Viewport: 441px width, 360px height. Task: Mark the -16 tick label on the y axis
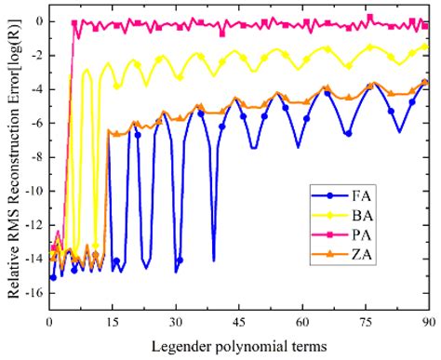coord(31,293)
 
